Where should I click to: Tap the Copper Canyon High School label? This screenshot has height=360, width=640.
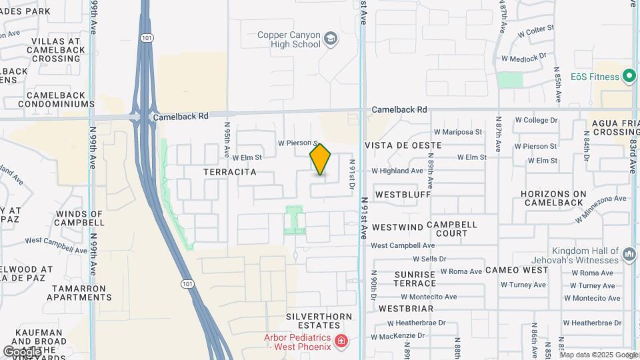tap(290, 39)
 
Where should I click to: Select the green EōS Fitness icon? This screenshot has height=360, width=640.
tap(629, 76)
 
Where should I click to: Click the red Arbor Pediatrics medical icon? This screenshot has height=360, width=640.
tap(342, 341)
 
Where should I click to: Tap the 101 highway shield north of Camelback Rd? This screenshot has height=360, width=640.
tap(145, 38)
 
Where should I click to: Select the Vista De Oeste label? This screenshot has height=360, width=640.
tap(403, 145)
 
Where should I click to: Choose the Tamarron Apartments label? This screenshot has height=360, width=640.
tap(78, 293)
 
